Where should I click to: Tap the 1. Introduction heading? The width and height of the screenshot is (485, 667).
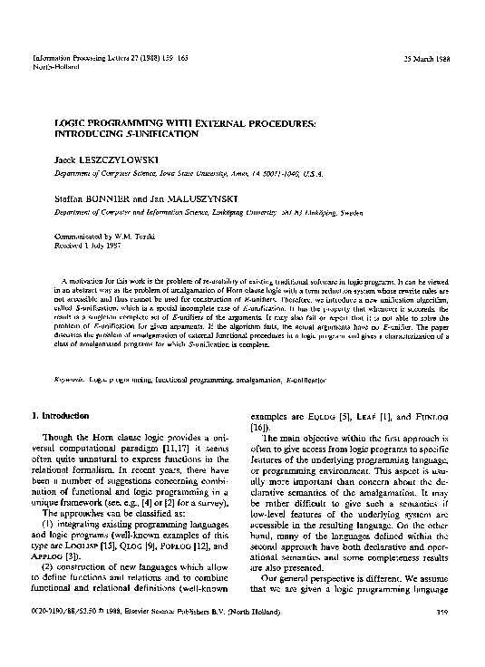click(x=61, y=416)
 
